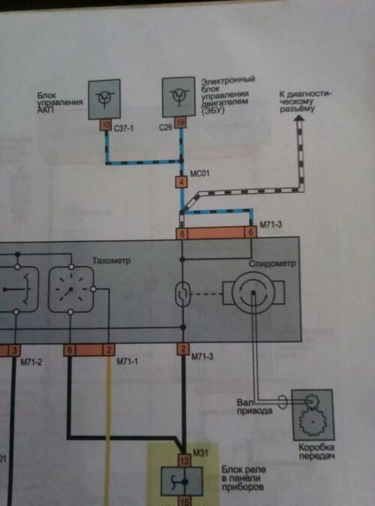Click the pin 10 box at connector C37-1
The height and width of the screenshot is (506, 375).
tap(105, 125)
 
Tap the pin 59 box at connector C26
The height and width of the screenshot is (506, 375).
tap(180, 122)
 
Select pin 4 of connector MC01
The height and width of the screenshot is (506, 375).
tap(181, 182)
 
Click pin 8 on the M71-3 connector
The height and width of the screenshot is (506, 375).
tap(181, 233)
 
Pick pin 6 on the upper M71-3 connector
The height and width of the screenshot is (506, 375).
tap(250, 232)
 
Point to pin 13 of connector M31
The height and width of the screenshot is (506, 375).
tap(184, 460)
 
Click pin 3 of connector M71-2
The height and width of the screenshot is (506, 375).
tap(14, 351)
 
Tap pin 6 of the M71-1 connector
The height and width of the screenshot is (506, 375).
tap(69, 351)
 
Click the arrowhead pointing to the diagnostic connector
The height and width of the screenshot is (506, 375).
tap(299, 119)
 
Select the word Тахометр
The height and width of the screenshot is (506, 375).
tap(111, 261)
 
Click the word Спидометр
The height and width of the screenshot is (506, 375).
tap(272, 264)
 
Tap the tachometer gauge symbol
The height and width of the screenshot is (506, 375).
tap(71, 289)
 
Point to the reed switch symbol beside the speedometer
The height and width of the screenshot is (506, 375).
tap(183, 294)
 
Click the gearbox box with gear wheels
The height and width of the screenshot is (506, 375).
tap(313, 415)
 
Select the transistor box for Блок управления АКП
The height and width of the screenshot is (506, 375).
tap(104, 99)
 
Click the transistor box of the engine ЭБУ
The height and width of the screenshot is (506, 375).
tap(178, 97)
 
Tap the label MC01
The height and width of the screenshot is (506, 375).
tap(199, 173)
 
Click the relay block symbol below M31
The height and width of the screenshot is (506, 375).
tap(182, 481)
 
